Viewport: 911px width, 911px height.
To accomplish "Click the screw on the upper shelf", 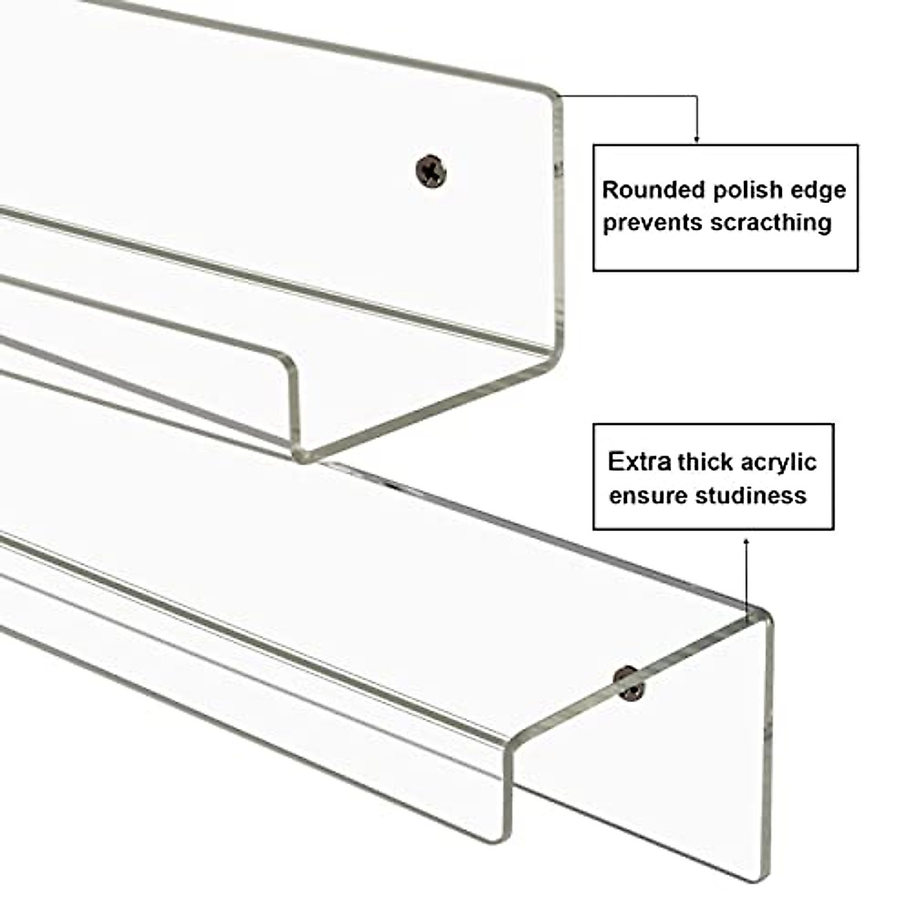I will pos(431,171).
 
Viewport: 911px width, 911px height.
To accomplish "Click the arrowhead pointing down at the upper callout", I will pos(697,140).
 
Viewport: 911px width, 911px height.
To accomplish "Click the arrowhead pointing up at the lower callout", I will pos(746,541).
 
